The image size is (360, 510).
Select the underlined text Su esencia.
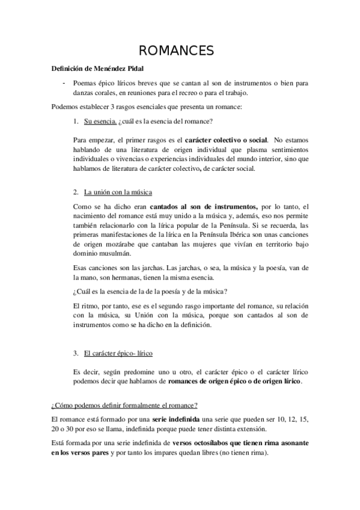[x=100, y=121]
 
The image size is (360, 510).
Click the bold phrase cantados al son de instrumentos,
[x=205, y=207]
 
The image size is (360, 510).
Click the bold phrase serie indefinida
[x=167, y=419]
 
